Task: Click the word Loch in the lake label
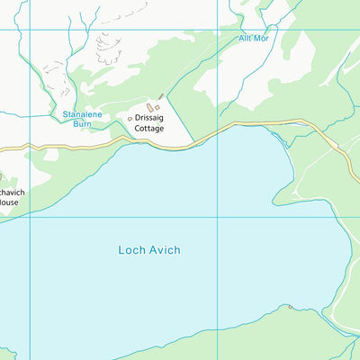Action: coord(131,249)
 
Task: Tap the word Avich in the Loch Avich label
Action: coord(165,249)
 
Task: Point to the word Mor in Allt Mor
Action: coord(262,39)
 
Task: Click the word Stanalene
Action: coord(83,114)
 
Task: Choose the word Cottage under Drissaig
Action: coord(149,129)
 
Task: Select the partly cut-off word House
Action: coord(8,202)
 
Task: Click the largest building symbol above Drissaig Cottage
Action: coord(150,107)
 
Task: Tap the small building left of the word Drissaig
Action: coord(130,118)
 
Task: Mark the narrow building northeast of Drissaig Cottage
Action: coord(161,96)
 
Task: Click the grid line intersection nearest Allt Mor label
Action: coord(216,31)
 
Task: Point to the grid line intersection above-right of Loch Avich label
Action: coord(216,217)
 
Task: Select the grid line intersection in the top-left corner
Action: coord(31,31)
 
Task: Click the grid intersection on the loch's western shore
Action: coord(31,217)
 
